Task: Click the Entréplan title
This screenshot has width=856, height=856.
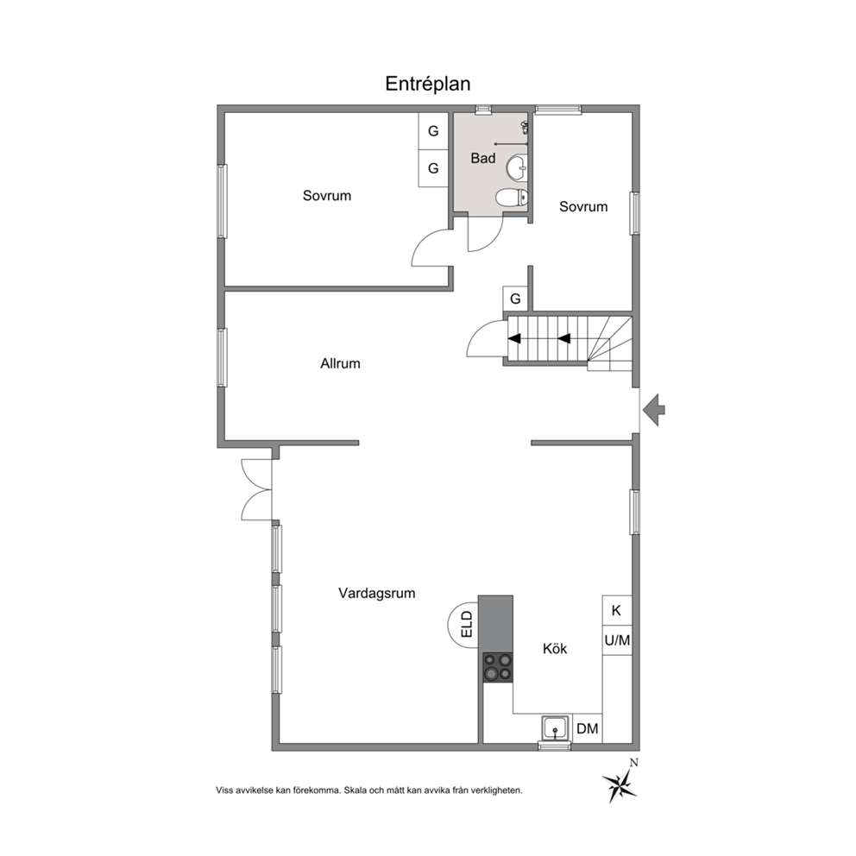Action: [427, 84]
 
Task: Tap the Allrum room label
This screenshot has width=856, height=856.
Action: [340, 363]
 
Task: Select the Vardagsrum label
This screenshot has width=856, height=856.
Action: [377, 594]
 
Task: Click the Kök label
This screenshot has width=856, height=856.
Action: [555, 649]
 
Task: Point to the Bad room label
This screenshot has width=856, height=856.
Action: [483, 158]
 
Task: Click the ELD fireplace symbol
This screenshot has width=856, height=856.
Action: [463, 624]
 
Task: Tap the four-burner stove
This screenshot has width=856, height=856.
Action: [498, 668]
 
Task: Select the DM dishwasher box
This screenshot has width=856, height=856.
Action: [588, 729]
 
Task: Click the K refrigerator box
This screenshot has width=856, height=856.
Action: [617, 610]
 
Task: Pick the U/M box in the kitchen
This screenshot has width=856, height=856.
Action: [617, 639]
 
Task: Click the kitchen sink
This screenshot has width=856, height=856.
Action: [555, 728]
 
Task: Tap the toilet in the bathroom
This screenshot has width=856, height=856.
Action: [513, 197]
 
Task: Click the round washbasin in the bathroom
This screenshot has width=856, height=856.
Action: [517, 167]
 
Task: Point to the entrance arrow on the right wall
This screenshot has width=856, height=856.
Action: [654, 409]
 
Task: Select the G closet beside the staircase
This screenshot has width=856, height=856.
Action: [515, 299]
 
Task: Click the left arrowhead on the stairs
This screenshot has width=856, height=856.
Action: [514, 339]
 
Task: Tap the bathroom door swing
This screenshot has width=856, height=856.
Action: [485, 235]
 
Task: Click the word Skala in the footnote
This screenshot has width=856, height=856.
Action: [355, 790]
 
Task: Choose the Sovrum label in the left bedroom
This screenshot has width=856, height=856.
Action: [327, 196]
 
